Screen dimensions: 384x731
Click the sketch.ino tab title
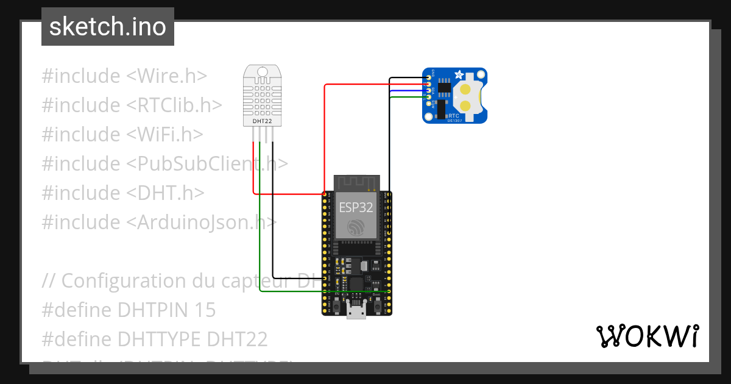tap(107, 27)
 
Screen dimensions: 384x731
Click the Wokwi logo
tap(647, 336)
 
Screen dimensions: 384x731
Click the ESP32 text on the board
tap(356, 207)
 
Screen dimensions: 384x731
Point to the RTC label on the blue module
tap(454, 115)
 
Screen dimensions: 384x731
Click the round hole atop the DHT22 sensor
tap(263, 72)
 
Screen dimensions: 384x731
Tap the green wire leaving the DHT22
tap(260, 213)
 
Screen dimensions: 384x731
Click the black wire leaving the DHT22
tap(273, 213)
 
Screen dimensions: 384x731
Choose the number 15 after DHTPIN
tap(205, 310)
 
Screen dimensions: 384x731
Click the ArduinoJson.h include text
tap(202, 222)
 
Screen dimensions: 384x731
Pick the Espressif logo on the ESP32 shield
tap(356, 227)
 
